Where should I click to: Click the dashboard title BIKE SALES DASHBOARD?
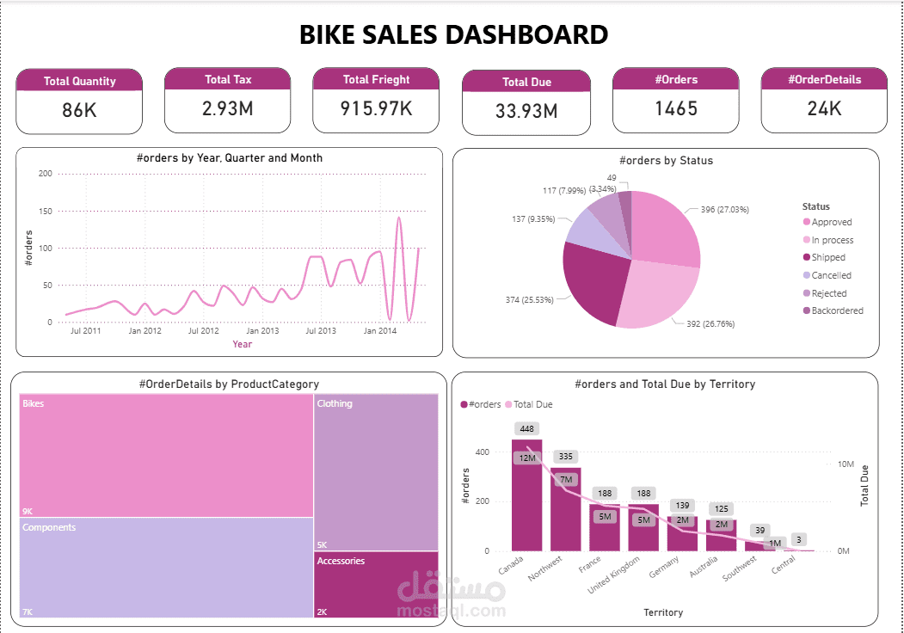tap(453, 34)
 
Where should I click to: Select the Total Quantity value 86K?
tap(79, 110)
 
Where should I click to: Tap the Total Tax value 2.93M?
tap(228, 108)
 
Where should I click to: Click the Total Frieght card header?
tap(376, 79)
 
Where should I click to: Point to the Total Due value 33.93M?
tap(526, 111)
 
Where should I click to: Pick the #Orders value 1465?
tap(675, 108)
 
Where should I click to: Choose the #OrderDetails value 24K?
tap(824, 108)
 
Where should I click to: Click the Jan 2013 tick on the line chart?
tap(262, 330)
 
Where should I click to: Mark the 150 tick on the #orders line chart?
tap(46, 211)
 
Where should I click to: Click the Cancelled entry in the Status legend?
tap(831, 275)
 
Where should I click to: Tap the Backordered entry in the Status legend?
tap(836, 310)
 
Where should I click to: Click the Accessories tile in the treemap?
tap(376, 585)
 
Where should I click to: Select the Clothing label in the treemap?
tap(335, 403)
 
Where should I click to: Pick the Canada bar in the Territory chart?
tap(527, 499)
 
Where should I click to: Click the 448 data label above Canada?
tap(527, 428)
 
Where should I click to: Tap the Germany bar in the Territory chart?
tap(682, 533)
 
